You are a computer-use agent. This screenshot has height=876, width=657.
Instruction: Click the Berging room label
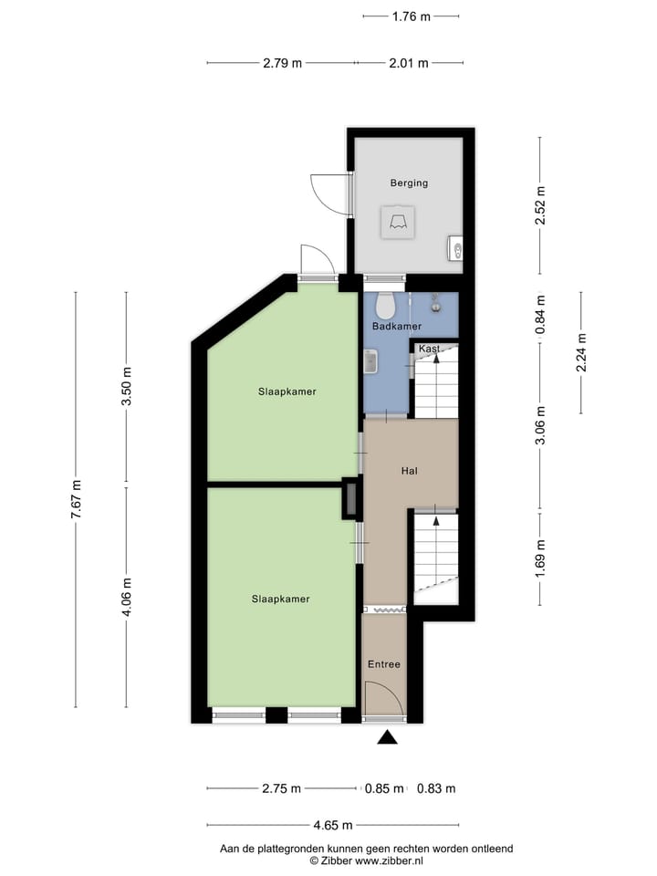[409, 183]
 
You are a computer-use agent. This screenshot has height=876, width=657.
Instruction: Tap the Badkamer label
[397, 326]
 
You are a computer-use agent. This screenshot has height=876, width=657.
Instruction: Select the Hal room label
[410, 471]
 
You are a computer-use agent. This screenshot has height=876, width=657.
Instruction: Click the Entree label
[383, 664]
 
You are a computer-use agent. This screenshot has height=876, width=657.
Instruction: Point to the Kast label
[429, 349]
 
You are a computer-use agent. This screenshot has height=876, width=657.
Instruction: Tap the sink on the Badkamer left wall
[370, 362]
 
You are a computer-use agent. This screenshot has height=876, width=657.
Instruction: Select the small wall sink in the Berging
[456, 248]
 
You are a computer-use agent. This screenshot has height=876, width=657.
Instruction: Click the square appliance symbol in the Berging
[398, 223]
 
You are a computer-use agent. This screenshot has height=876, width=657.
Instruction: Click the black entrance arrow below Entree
[388, 737]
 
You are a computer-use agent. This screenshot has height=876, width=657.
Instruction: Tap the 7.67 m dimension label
[77, 499]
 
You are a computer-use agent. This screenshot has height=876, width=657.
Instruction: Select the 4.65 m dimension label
[332, 825]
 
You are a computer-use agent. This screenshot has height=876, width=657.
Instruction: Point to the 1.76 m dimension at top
[411, 16]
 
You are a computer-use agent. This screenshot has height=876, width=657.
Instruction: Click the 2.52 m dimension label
[540, 203]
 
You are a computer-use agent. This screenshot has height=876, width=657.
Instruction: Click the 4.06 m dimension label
[127, 597]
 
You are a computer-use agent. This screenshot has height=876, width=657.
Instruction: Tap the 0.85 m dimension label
[383, 788]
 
